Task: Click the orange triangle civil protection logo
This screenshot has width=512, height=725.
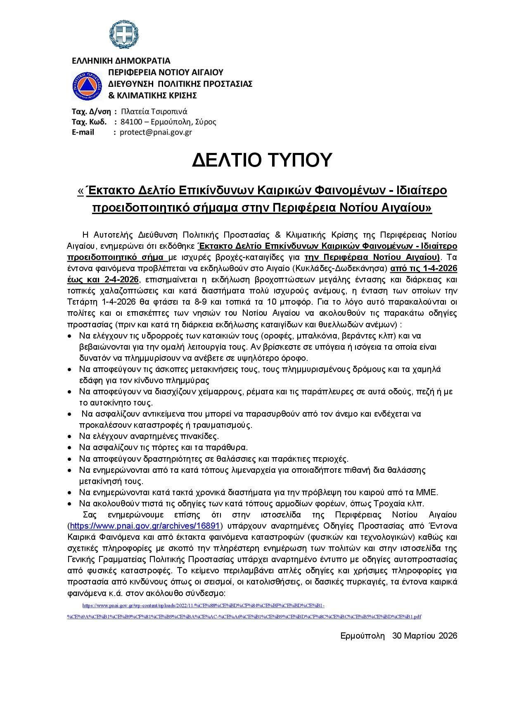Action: point(87,86)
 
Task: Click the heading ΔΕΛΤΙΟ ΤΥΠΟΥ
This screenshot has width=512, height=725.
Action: point(262,160)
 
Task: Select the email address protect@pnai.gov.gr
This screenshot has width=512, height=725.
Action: point(156,132)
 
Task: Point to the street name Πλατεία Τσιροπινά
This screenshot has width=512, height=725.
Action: point(154,111)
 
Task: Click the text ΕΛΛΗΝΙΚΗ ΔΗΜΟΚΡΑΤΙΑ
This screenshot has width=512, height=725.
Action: point(121,61)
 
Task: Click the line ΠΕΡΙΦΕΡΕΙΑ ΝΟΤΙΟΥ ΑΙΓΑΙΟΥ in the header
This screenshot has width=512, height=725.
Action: point(166,72)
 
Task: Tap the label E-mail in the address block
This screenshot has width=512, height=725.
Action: point(83,132)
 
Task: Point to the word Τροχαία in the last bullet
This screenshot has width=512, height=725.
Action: point(390,503)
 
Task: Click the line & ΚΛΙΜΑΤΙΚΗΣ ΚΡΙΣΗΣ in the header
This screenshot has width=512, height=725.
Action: point(152,95)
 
